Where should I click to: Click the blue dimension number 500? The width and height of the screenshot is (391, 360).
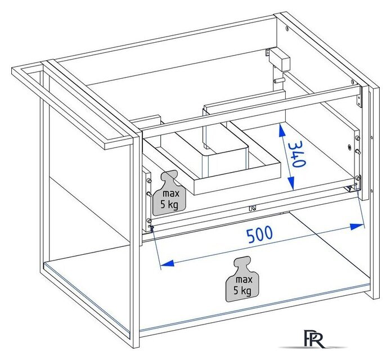[x=259, y=234]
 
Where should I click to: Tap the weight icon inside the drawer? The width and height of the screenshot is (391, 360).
[x=167, y=191]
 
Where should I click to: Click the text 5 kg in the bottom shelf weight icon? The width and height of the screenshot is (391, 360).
[x=244, y=290]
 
